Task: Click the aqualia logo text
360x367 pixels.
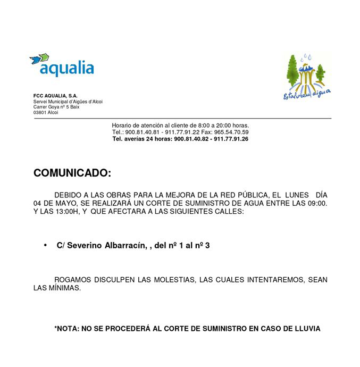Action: [x=66, y=69]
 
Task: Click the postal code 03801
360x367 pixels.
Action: [x=39, y=112]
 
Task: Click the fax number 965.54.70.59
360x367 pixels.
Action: [x=232, y=132]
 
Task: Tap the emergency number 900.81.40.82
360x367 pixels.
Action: [x=192, y=139]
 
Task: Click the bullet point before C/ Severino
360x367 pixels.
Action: [x=45, y=245]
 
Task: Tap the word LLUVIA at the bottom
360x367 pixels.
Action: [x=306, y=329]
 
